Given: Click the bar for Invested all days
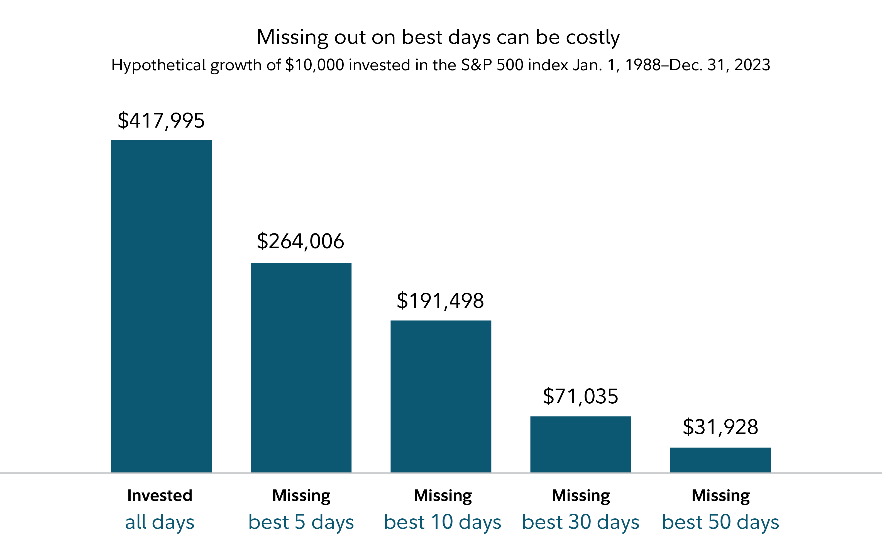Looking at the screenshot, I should click(x=161, y=306).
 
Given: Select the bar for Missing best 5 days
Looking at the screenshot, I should click(x=301, y=367).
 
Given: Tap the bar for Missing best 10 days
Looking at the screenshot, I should click(x=441, y=396).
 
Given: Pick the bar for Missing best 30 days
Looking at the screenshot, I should click(x=581, y=444).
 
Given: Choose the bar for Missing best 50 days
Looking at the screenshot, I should click(x=720, y=460).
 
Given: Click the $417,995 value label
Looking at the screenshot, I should click(x=161, y=121).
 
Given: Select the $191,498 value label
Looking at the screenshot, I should click(x=440, y=301).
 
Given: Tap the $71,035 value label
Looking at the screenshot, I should click(x=581, y=396).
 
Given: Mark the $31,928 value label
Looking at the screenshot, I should click(x=720, y=427).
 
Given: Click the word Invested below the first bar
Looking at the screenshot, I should click(x=160, y=496).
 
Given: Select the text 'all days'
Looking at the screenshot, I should click(x=160, y=522).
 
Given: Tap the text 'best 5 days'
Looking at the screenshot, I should click(x=301, y=522).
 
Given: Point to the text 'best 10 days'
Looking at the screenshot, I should click(x=443, y=522).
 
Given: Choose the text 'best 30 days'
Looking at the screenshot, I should click(x=581, y=522).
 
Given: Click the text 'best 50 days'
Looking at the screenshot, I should click(x=720, y=522).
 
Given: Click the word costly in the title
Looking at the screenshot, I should click(x=593, y=37).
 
